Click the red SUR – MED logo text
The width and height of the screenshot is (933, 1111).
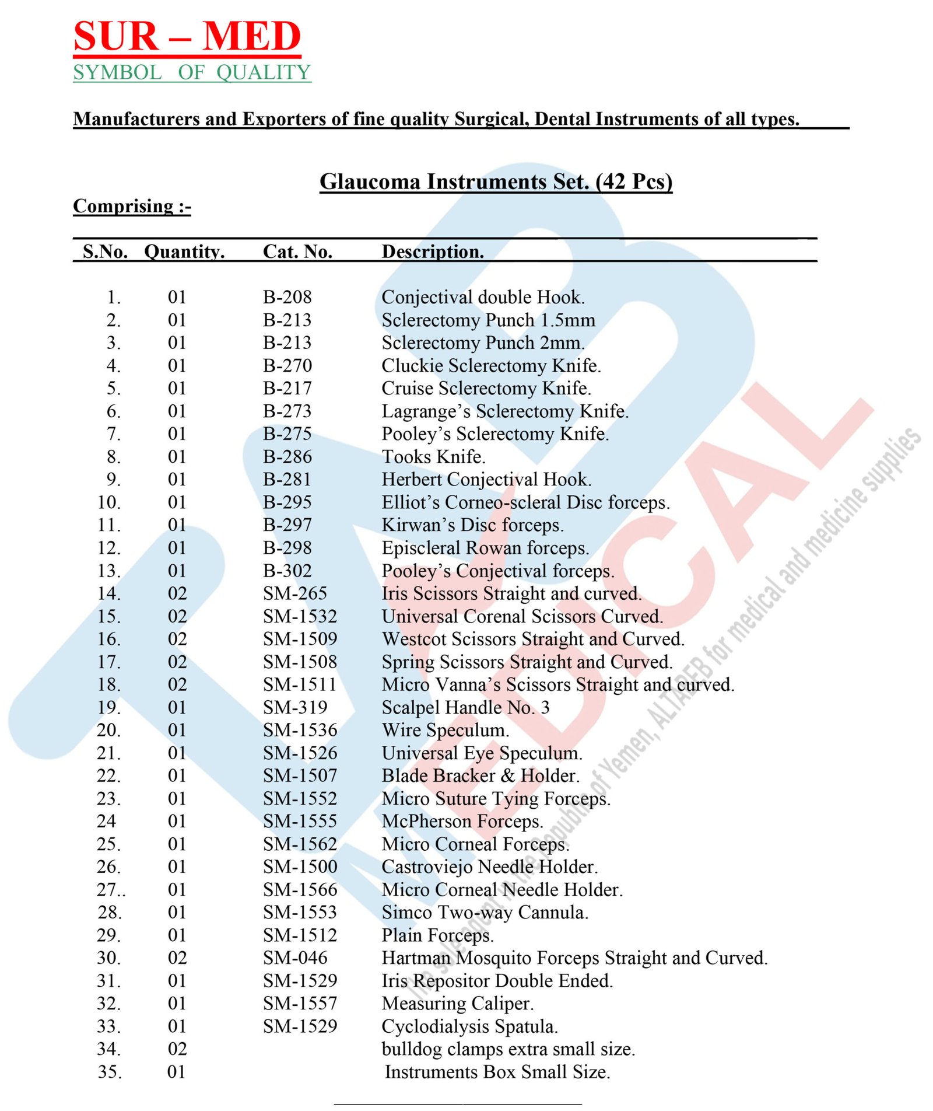pyautogui.click(x=187, y=36)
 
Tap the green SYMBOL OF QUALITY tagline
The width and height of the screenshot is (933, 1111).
pyautogui.click(x=192, y=72)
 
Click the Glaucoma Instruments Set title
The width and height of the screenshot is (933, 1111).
pyautogui.click(x=496, y=181)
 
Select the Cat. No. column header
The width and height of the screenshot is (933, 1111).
pyautogui.click(x=297, y=251)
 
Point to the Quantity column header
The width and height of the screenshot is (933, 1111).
pyautogui.click(x=184, y=251)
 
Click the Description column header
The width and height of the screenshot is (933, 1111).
pyautogui.click(x=433, y=251)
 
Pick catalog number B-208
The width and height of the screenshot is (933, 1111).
pyautogui.click(x=287, y=297)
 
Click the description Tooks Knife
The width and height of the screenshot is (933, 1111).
pyautogui.click(x=433, y=456)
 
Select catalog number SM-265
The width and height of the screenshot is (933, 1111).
pyautogui.click(x=294, y=593)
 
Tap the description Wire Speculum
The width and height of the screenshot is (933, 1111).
pyautogui.click(x=446, y=730)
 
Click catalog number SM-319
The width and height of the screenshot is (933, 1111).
pyautogui.click(x=294, y=707)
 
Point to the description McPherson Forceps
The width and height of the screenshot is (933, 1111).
pyautogui.click(x=462, y=821)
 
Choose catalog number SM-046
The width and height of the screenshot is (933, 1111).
pyautogui.click(x=294, y=958)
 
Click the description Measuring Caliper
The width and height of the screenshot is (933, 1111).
pyautogui.click(x=458, y=1003)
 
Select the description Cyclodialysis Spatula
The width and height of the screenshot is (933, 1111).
pyautogui.click(x=470, y=1026)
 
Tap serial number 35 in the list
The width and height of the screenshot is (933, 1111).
pyautogui.click(x=109, y=1072)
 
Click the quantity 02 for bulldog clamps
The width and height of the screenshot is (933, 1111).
pyautogui.click(x=177, y=1049)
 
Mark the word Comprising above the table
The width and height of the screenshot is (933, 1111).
pyautogui.click(x=124, y=206)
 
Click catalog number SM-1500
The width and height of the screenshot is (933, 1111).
pyautogui.click(x=300, y=867)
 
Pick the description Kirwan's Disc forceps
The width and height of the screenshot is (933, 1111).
pyautogui.click(x=472, y=525)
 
